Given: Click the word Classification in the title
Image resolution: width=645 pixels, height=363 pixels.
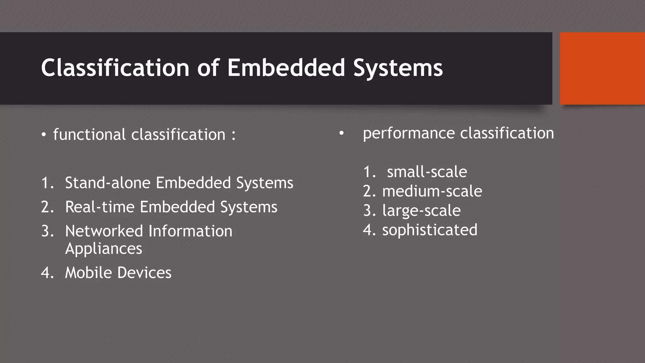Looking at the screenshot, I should [115, 68].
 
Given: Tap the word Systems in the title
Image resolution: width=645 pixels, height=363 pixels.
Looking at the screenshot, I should [398, 68].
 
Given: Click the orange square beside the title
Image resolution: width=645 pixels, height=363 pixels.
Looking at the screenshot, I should [602, 68].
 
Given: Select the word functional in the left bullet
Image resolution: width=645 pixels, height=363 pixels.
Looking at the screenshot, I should [89, 135].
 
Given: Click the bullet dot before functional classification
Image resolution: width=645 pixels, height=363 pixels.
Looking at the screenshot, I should [44, 135].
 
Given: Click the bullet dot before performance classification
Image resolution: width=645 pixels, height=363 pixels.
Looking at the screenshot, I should [341, 134].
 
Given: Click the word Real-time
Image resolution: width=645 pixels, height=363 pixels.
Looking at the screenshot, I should [100, 207].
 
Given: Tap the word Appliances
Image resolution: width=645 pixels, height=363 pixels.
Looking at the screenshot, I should [104, 249].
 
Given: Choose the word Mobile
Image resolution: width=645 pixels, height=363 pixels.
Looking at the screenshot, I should [88, 273].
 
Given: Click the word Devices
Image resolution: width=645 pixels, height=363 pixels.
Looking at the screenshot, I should [145, 273].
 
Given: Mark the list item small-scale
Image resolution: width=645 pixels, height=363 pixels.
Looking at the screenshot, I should [427, 172].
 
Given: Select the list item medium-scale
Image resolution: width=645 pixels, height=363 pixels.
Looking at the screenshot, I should [432, 191].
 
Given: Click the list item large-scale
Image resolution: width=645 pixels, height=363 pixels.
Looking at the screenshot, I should [421, 211].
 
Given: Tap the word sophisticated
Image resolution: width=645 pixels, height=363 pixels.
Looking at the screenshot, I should [430, 230].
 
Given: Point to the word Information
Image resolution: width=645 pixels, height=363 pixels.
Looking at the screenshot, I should [190, 231].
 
